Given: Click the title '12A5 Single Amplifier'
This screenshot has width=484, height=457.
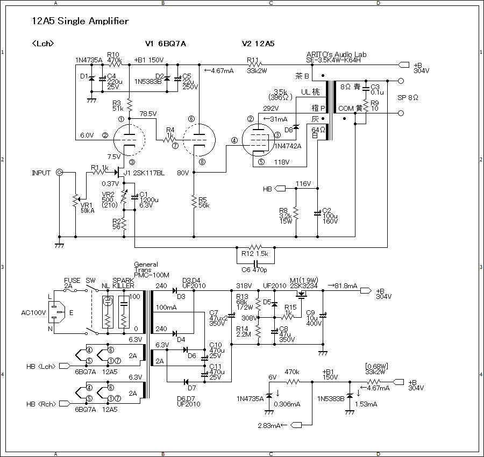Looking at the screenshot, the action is coord(80,21).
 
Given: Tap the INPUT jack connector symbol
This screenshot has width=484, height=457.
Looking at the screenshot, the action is coord(59,173).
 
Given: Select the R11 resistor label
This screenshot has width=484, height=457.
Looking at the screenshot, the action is coord(253,60).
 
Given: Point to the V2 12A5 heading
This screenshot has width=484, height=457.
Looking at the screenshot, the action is coord(258,44).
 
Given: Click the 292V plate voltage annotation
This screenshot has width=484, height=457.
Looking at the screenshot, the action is coord(271,108).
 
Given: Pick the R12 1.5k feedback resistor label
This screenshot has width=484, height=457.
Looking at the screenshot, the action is coord(255,254).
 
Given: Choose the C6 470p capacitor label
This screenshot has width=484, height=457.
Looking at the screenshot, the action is coord(254,270).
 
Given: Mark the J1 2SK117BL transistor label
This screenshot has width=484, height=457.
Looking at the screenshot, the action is coord(144,173).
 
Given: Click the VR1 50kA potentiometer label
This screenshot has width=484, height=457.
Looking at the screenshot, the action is coord(87,208).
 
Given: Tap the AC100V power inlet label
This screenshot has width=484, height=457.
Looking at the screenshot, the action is coord(33,312).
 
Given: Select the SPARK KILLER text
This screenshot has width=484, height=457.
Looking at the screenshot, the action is coord(123,283).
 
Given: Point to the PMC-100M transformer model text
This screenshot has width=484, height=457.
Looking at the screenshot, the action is coord(152,275).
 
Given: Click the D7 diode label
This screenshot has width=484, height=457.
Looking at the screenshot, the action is coord(191,388).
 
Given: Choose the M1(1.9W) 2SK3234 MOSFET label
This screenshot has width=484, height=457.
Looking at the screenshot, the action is coord(304,283).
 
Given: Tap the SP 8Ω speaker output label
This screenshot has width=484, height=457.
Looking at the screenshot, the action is coord(408,97).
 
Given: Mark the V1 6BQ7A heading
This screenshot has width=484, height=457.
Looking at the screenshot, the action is coord(166,44).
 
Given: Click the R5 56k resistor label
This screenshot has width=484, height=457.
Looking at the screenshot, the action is coord(204,203).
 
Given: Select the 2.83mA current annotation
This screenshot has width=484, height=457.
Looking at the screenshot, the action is coord(269,425).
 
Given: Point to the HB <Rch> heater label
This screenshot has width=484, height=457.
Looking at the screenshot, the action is coord(41,404).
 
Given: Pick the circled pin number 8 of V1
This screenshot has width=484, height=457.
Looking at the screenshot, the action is coord(202,162).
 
